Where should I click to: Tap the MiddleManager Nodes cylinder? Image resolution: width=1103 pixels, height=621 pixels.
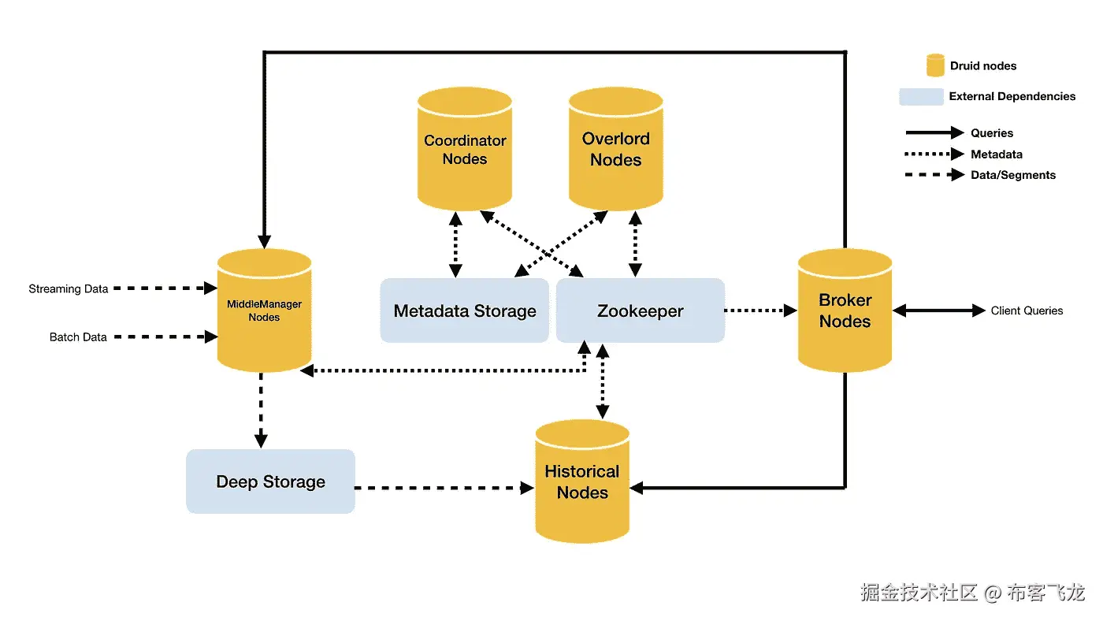264,310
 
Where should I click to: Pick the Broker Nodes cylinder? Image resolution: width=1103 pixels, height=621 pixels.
845,310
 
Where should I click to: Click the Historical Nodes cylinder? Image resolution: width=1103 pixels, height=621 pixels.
582,482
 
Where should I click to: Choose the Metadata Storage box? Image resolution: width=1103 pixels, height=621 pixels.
465,310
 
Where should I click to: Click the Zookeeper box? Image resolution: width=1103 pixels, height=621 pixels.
640,310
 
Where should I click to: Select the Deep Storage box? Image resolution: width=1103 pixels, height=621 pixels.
270,482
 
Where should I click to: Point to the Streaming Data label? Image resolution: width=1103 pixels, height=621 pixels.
69,289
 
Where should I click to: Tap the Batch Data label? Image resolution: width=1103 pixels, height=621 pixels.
78,337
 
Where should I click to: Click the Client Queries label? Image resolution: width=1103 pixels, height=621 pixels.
1027,311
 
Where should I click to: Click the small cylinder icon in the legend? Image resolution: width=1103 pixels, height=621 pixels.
935,65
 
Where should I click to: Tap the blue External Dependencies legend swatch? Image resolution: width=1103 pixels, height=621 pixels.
921,97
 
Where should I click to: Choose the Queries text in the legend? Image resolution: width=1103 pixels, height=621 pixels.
992,133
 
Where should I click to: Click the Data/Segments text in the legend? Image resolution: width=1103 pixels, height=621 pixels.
1013,175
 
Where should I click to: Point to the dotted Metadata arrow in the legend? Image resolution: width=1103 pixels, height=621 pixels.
934,154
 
